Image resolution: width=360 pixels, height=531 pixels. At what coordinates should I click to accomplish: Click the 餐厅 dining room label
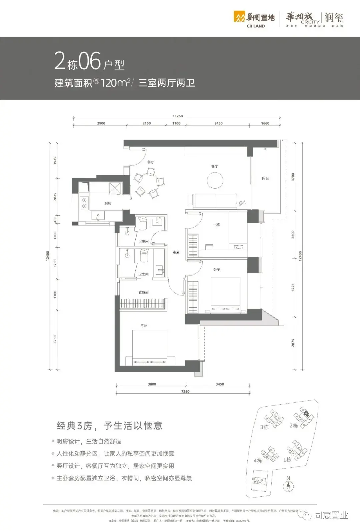coord(151,162)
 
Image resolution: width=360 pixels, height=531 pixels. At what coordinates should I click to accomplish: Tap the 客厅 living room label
coord(214,166)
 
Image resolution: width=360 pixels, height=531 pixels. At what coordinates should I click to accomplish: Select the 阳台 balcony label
coord(265,179)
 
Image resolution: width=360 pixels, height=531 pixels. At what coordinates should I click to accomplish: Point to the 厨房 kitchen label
coord(108,203)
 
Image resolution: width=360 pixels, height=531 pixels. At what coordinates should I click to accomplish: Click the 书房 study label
coord(217,225)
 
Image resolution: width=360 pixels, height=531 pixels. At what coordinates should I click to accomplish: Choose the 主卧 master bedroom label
coord(144,325)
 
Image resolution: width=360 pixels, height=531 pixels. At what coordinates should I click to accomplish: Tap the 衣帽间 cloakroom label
coord(144,293)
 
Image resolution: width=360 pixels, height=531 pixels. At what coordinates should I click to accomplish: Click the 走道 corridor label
coord(176,252)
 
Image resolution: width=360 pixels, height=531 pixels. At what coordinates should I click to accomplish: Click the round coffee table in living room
coord(215,181)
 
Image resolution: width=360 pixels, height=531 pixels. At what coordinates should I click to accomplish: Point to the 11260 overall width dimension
coord(178,116)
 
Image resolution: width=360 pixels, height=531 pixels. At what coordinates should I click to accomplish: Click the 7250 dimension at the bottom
coord(185,392)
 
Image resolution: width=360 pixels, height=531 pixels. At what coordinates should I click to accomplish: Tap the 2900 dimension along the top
coord(101,123)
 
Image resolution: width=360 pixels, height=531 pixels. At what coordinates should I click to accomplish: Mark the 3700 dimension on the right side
coord(293,177)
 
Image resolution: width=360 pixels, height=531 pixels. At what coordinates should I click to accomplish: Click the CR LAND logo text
coord(256,26)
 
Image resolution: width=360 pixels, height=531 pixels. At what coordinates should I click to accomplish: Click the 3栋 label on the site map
coord(264,427)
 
